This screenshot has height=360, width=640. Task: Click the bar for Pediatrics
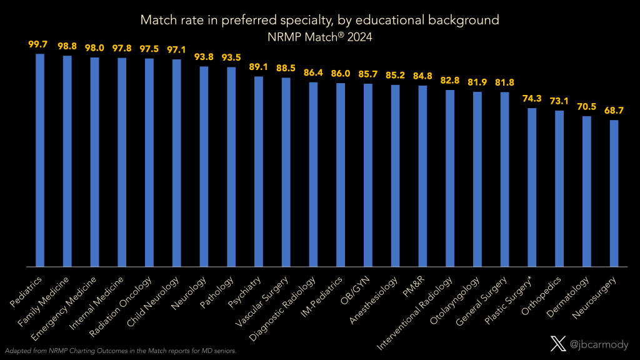click(x=40, y=160)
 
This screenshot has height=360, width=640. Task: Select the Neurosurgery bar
click(x=614, y=193)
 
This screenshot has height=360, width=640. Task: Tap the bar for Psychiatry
click(x=259, y=171)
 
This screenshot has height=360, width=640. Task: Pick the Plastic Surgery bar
click(x=532, y=187)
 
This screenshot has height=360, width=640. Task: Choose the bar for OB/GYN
click(x=368, y=174)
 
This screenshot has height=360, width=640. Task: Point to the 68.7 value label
click(x=614, y=111)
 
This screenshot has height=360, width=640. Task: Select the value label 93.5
click(x=231, y=58)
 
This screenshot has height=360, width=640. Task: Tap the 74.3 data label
click(x=532, y=99)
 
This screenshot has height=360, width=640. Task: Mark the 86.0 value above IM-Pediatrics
click(x=341, y=74)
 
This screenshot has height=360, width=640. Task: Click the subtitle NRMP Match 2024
click(x=319, y=36)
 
